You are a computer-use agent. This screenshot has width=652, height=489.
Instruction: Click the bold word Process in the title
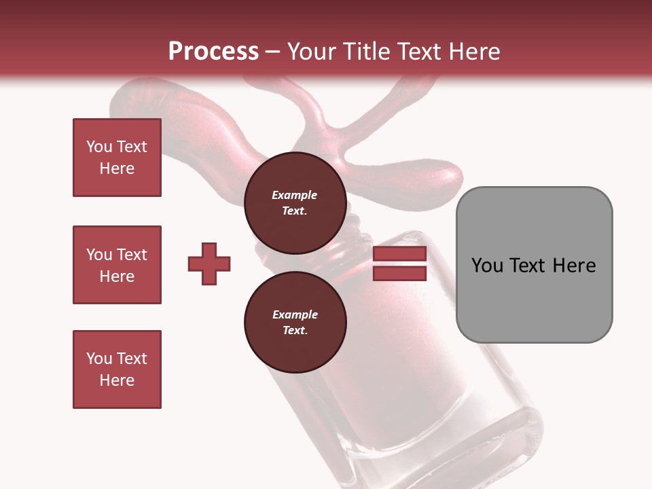pos(213,52)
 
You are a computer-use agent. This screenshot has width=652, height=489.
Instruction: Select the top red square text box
pos(117,158)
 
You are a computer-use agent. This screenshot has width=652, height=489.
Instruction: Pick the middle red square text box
pos(117,265)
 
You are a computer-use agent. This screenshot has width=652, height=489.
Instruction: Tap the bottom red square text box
pos(117,369)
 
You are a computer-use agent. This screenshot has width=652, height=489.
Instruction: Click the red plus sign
pos(209,264)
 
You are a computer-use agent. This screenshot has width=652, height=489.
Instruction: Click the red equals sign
pos(399,264)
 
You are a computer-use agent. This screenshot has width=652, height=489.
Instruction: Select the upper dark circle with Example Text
pos(295,202)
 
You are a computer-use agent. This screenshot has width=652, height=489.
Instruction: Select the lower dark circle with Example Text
pos(295,322)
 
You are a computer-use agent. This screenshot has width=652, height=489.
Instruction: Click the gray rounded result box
pos(534,265)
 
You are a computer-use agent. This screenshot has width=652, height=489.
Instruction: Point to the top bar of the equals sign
pos(399,254)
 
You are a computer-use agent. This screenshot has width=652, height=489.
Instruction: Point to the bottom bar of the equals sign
pos(399,273)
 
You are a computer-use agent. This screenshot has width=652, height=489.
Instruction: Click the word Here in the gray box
pos(574,266)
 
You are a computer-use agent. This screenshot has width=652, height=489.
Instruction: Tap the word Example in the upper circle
pos(294,195)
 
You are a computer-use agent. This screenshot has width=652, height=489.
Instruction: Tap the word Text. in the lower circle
pos(294,331)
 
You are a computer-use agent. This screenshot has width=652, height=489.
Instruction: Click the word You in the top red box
pos(98,147)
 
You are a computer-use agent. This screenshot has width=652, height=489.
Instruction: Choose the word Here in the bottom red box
pos(117,380)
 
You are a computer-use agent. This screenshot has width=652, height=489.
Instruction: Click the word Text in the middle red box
pos(131,255)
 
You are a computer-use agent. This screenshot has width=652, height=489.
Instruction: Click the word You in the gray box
pos(486,266)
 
